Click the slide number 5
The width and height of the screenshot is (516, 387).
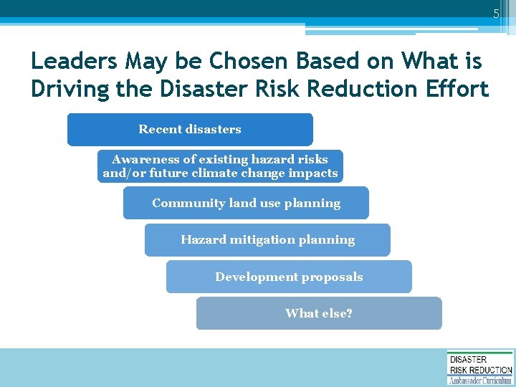pyautogui.click(x=495, y=14)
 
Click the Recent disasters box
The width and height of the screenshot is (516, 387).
pyautogui.click(x=190, y=130)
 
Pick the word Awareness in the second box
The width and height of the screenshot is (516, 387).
pyautogui.click(x=146, y=159)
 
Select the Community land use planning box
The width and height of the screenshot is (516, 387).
pyautogui.click(x=246, y=203)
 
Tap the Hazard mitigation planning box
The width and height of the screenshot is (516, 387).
pyautogui.click(x=267, y=240)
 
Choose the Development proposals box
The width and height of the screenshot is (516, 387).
pyautogui.click(x=289, y=277)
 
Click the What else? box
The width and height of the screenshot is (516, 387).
pyautogui.click(x=319, y=313)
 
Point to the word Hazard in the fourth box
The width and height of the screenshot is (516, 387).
pyautogui.click(x=203, y=240)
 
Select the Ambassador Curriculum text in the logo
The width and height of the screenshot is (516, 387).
pyautogui.click(x=479, y=381)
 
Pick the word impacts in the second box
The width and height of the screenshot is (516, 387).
pyautogui.click(x=312, y=173)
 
